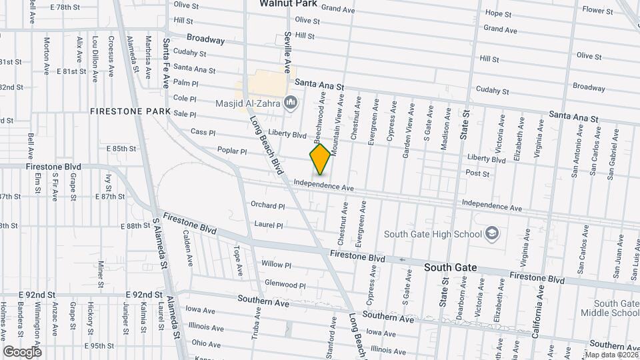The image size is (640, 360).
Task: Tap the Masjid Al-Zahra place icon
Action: pos(290,103)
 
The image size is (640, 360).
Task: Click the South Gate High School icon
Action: pos(491,233)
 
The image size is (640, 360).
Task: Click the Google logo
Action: pos(22,351)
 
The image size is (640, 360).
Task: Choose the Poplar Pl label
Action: pos(233,151)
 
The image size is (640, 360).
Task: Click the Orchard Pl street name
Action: pos(267,205)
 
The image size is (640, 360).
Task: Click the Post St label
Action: pos(477,173)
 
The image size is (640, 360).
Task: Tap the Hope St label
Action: pos(498,13)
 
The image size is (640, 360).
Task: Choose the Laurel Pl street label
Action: pos(267,225)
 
